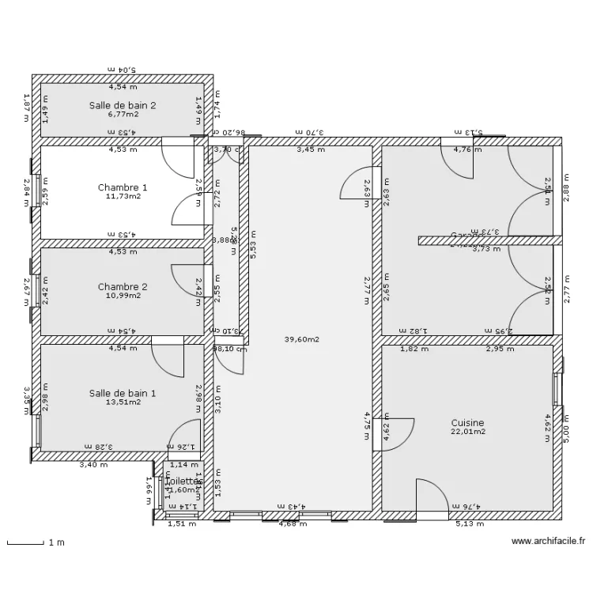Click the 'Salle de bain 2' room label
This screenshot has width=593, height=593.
[122, 104]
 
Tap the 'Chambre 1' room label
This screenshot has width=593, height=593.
[122, 187]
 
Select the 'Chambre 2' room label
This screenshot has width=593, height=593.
[122, 287]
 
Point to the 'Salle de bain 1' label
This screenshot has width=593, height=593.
[122, 393]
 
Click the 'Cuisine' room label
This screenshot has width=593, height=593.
[467, 423]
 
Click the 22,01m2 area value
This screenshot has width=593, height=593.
[467, 432]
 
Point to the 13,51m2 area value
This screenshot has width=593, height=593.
[122, 402]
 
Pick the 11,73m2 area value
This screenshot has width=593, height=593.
[122, 196]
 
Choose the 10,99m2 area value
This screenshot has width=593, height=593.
[122, 296]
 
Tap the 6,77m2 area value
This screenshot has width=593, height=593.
[122, 113]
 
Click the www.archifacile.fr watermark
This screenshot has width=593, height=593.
[548, 542]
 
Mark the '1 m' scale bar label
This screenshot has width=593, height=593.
[55, 543]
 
